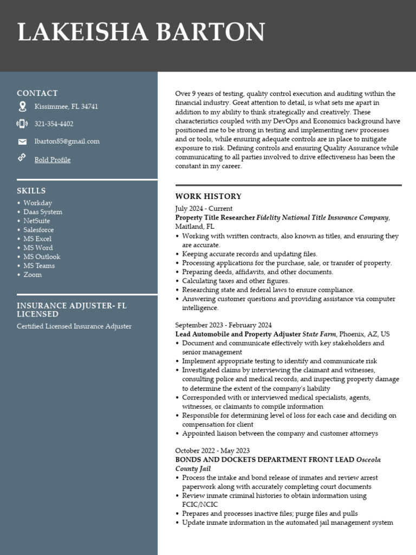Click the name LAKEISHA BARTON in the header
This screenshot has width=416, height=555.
(141, 33)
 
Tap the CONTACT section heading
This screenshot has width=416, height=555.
(37, 93)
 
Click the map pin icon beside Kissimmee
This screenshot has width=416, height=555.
(22, 106)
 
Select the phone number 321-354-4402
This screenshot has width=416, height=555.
(54, 124)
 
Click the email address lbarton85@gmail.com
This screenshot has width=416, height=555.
(67, 141)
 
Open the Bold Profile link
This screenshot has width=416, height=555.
(53, 160)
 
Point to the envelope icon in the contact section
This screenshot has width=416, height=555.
(22, 142)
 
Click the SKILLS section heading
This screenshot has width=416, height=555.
(31, 191)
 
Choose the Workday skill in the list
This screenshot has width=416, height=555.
(38, 203)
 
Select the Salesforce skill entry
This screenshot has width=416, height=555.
(38, 230)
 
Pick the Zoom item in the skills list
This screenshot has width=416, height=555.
(32, 275)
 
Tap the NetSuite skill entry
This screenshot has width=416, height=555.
(37, 221)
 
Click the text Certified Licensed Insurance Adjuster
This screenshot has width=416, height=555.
(74, 326)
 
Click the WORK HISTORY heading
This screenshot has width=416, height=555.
(209, 196)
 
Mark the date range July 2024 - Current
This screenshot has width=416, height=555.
(204, 209)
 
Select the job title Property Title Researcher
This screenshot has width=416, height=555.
(215, 218)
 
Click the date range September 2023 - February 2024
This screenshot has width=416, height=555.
(223, 325)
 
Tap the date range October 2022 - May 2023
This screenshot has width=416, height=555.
(212, 451)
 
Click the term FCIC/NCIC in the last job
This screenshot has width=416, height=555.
(200, 505)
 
